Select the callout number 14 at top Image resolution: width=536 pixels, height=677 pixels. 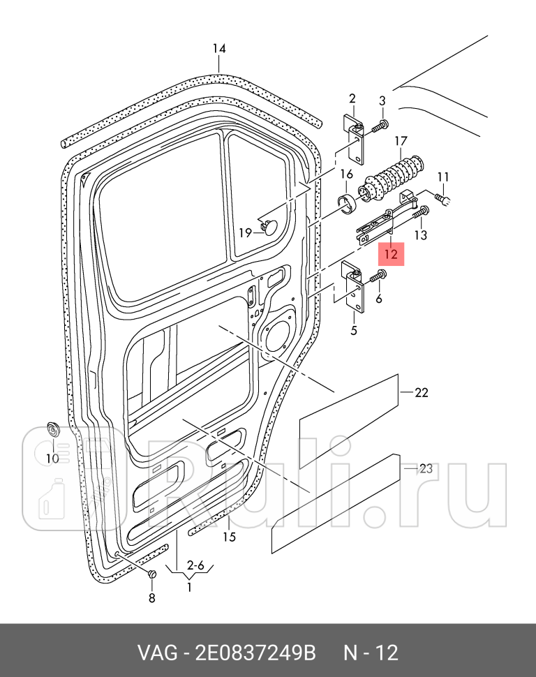point(219,48)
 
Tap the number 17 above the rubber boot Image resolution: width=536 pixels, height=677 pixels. point(401,142)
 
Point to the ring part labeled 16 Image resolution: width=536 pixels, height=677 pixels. point(347,202)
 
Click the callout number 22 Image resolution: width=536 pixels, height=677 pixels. point(421,393)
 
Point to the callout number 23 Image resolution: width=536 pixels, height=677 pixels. point(426,469)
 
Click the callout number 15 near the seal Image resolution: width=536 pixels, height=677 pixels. point(229,537)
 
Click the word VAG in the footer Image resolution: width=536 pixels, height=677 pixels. point(157,653)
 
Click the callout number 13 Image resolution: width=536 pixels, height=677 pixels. point(420,235)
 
